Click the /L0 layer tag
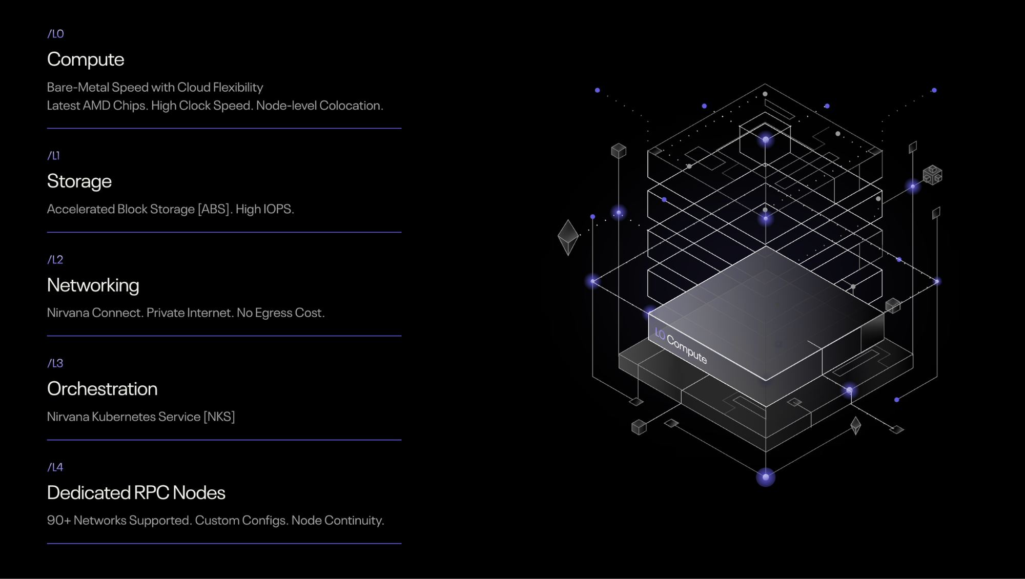[x=55, y=34]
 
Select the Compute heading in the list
[x=85, y=59]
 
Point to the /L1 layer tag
[x=53, y=156]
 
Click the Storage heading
[x=79, y=181]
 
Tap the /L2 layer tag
[x=55, y=260]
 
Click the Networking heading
[x=93, y=285]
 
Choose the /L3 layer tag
[x=55, y=363]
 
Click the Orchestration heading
[x=102, y=389]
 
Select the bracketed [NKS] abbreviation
[x=219, y=417]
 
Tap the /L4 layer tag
[x=55, y=467]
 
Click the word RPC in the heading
[x=152, y=493]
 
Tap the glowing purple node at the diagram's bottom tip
[x=766, y=478]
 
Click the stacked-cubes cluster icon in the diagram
[x=932, y=175]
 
